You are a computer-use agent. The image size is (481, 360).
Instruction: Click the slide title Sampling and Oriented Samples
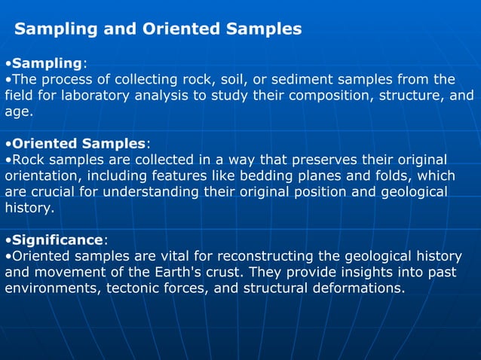click(x=158, y=29)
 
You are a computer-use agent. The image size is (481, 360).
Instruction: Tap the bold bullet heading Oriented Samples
click(x=78, y=143)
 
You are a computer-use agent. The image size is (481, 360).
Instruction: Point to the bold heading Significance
click(x=57, y=239)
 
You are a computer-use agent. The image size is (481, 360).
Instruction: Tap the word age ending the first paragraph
click(x=17, y=111)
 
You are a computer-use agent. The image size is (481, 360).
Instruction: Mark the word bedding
click(x=265, y=175)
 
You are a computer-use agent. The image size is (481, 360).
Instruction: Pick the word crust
click(x=234, y=272)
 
